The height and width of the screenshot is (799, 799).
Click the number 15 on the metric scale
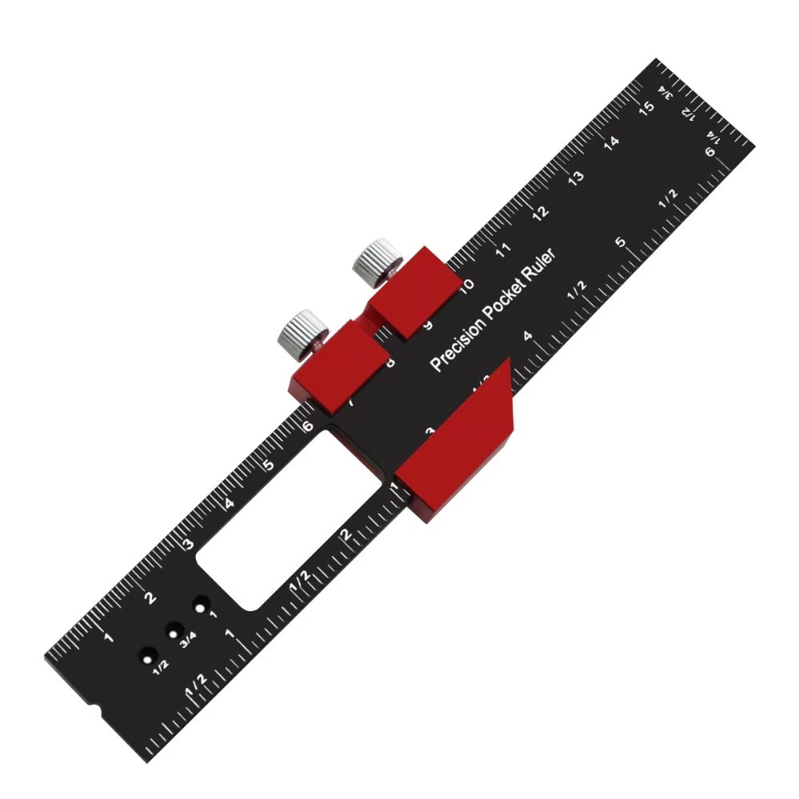[648, 109]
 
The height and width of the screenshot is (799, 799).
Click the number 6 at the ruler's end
[710, 153]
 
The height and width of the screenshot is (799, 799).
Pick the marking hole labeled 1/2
[146, 654]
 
